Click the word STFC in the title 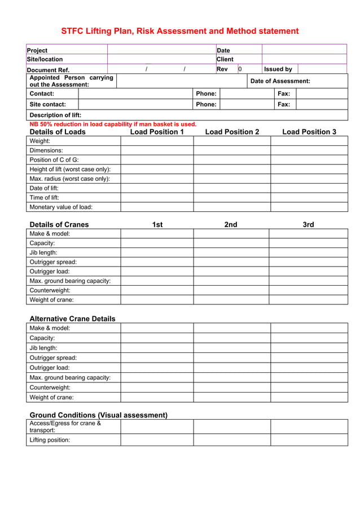click(x=72, y=31)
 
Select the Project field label click(x=37, y=50)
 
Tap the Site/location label click(x=45, y=59)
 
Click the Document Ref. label click(x=48, y=69)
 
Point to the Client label click(x=225, y=59)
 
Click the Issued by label click(x=279, y=69)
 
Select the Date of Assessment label click(x=280, y=81)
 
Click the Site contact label click(x=48, y=104)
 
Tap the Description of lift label click(x=55, y=115)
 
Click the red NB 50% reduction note click(x=113, y=124)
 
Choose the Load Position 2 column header click(x=232, y=132)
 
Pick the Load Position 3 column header click(x=309, y=132)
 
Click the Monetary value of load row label click(x=61, y=207)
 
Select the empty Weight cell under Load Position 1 click(x=157, y=141)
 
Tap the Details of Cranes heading click(x=59, y=225)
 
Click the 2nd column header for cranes click(x=231, y=225)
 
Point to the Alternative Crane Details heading click(x=72, y=319)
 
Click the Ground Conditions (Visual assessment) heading click(x=98, y=415)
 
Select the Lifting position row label click(x=50, y=440)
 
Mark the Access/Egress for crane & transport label click(x=65, y=426)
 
